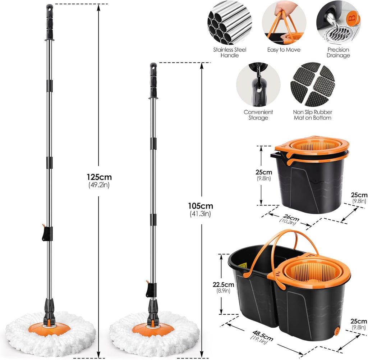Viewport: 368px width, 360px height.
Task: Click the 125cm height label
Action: (x=99, y=177)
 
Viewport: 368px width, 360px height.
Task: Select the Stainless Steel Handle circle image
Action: (x=229, y=22)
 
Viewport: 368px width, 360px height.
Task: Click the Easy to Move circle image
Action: (x=284, y=22)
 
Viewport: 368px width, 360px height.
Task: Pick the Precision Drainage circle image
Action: (x=338, y=22)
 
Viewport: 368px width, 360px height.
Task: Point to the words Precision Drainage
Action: (x=338, y=53)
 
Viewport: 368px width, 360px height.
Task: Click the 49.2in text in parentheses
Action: (x=99, y=185)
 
